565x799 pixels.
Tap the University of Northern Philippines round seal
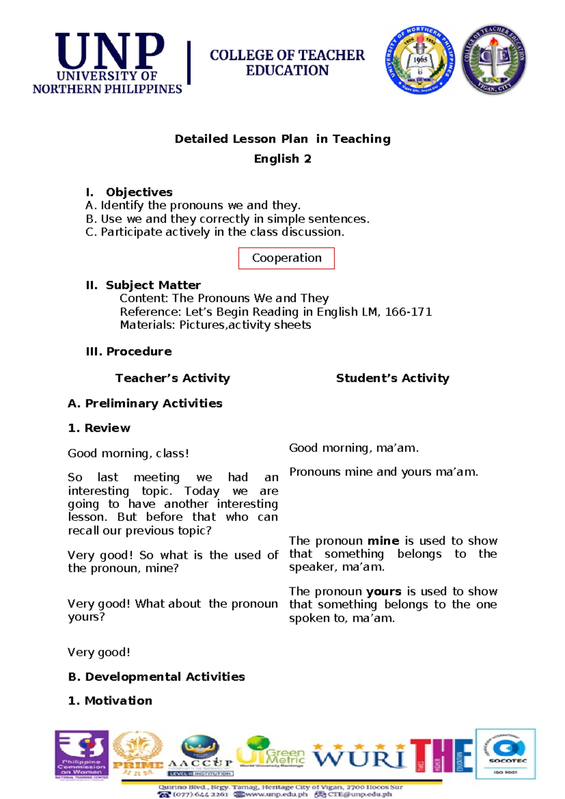click(420, 60)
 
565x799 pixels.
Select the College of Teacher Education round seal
click(493, 59)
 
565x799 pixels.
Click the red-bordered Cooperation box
click(286, 258)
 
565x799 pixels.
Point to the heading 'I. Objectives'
click(129, 192)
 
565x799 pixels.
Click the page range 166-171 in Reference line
click(408, 312)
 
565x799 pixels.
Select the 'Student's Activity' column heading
click(392, 378)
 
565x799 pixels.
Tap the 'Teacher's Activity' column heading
click(173, 378)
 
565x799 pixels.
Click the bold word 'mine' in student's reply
click(383, 541)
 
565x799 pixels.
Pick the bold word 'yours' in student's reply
click(383, 591)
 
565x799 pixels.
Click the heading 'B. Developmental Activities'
click(156, 677)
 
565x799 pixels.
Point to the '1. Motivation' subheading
click(110, 701)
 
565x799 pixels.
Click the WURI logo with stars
click(359, 756)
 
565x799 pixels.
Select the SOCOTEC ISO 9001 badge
click(506, 754)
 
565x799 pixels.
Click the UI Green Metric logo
click(271, 752)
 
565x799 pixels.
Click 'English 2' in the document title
click(282, 159)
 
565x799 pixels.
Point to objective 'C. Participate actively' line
click(215, 232)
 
